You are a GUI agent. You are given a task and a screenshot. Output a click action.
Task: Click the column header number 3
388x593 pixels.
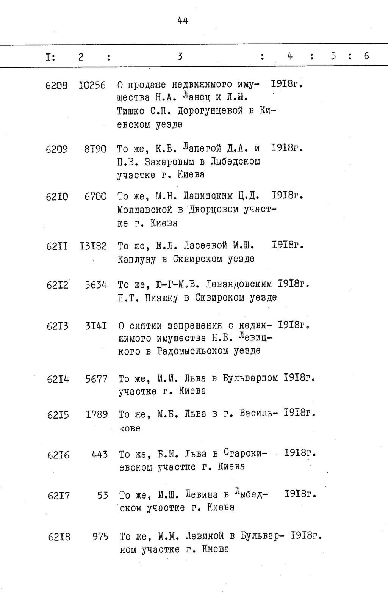click(180, 56)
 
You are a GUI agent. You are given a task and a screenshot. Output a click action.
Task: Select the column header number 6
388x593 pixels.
click(366, 56)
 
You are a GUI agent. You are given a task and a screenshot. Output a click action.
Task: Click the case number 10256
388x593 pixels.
click(92, 85)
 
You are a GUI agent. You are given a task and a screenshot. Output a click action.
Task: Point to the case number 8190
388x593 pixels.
click(95, 149)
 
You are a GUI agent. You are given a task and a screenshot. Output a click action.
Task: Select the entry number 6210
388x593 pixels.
click(57, 197)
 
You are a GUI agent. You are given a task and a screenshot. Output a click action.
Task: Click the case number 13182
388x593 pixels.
click(93, 246)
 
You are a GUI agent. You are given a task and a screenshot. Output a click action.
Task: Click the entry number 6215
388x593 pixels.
click(58, 415)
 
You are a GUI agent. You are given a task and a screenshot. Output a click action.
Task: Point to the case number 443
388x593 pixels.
click(99, 455)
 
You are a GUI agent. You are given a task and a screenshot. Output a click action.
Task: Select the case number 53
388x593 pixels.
click(102, 496)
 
